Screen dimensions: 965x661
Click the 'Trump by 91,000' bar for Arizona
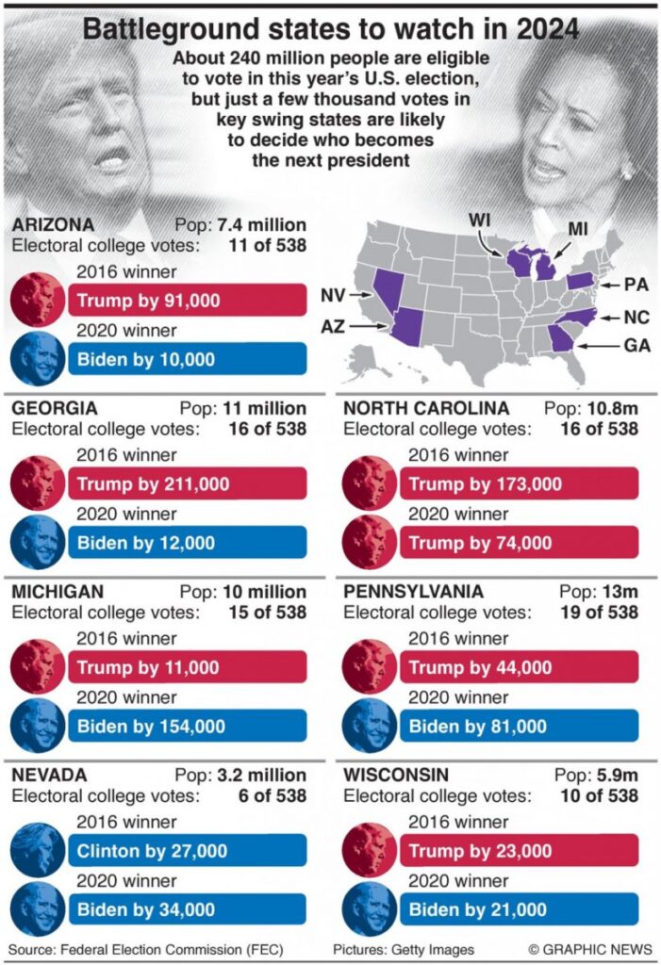tap(187, 301)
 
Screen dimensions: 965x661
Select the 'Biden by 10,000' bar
tap(187, 359)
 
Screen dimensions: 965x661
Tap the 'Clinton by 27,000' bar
tap(187, 851)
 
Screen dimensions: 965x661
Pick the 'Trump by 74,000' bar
tap(519, 543)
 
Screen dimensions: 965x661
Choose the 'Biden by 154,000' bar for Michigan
tap(187, 727)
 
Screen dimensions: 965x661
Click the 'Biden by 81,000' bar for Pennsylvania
tap(519, 727)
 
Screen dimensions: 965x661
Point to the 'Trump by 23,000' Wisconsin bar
tap(519, 851)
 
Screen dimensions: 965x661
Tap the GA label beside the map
tap(636, 346)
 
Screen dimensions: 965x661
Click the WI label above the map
tap(481, 220)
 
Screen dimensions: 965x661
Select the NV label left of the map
tap(333, 295)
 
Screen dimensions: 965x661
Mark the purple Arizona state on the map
tap(410, 326)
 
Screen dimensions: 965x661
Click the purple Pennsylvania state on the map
tap(579, 282)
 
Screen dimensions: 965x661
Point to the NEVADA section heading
tap(49, 775)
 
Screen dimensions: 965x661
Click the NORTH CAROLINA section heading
tap(426, 408)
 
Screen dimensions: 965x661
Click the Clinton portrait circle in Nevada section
tap(37, 850)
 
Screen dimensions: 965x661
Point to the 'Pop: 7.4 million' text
tap(240, 224)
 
